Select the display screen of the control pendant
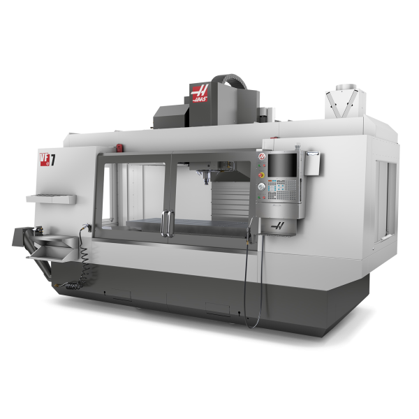coord(282,166)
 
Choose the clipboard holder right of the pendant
coord(311,162)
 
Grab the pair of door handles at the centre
coord(167,223)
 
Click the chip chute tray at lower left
coord(52,247)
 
